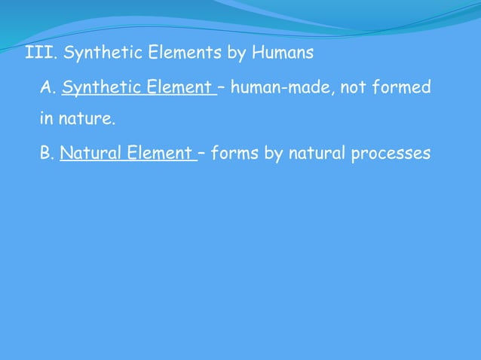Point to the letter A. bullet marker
48,89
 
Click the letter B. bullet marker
47,154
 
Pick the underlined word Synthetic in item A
97,89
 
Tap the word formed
401,89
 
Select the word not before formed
354,89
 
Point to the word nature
90,119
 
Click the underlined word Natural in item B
87,154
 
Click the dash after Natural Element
202,154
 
